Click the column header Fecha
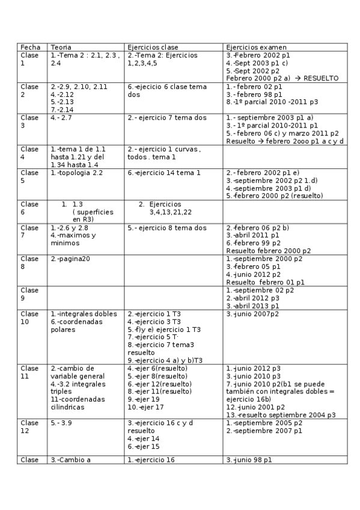[30, 47]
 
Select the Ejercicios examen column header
[256, 47]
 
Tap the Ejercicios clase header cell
[153, 47]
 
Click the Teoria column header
[61, 47]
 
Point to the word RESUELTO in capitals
[321, 78]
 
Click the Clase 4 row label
[29, 153]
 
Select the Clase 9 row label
[29, 293]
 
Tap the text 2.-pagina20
[70, 259]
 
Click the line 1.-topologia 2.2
[77, 173]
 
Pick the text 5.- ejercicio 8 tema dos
[166, 228]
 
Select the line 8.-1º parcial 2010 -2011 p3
[272, 102]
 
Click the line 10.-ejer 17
[145, 407]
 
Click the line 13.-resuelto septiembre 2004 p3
[281, 415]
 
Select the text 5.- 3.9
[61, 423]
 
